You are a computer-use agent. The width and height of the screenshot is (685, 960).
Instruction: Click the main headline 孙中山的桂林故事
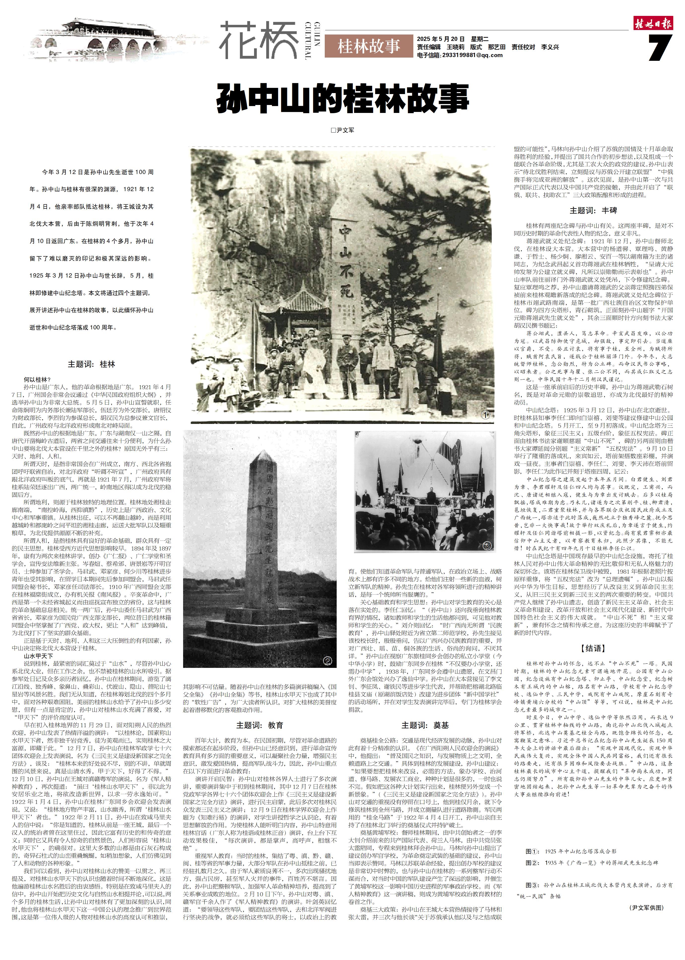(342, 98)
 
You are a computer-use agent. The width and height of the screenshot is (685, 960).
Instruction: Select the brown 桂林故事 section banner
(368, 46)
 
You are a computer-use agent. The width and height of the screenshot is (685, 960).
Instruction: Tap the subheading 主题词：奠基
(425, 725)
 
